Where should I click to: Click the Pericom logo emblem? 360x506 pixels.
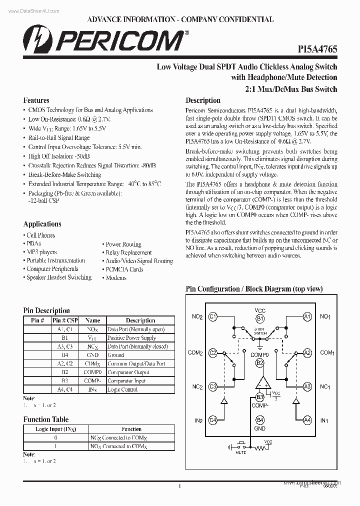[x=35, y=39]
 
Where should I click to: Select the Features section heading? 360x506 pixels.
[x=36, y=100]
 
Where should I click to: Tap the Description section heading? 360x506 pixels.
[x=203, y=100]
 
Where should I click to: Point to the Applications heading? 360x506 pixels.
[x=42, y=224]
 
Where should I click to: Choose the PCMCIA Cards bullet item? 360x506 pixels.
[x=124, y=269]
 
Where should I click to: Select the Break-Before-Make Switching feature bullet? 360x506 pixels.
[x=64, y=174]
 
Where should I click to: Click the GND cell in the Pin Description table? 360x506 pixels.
[x=92, y=355]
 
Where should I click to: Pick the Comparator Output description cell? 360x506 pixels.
[x=128, y=372]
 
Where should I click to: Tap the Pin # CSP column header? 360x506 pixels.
[x=65, y=320]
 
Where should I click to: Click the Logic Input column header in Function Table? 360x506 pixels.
[x=56, y=429]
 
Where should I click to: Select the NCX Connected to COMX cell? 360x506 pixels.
[x=118, y=437]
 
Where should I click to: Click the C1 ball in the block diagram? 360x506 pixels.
[x=212, y=316]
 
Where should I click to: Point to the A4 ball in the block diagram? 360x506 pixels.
[x=307, y=420]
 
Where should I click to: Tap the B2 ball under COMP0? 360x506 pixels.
[x=260, y=363]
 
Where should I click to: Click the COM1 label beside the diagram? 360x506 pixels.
[x=327, y=352]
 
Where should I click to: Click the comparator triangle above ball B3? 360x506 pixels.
[x=260, y=383]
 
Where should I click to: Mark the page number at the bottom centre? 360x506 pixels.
[x=179, y=485]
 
